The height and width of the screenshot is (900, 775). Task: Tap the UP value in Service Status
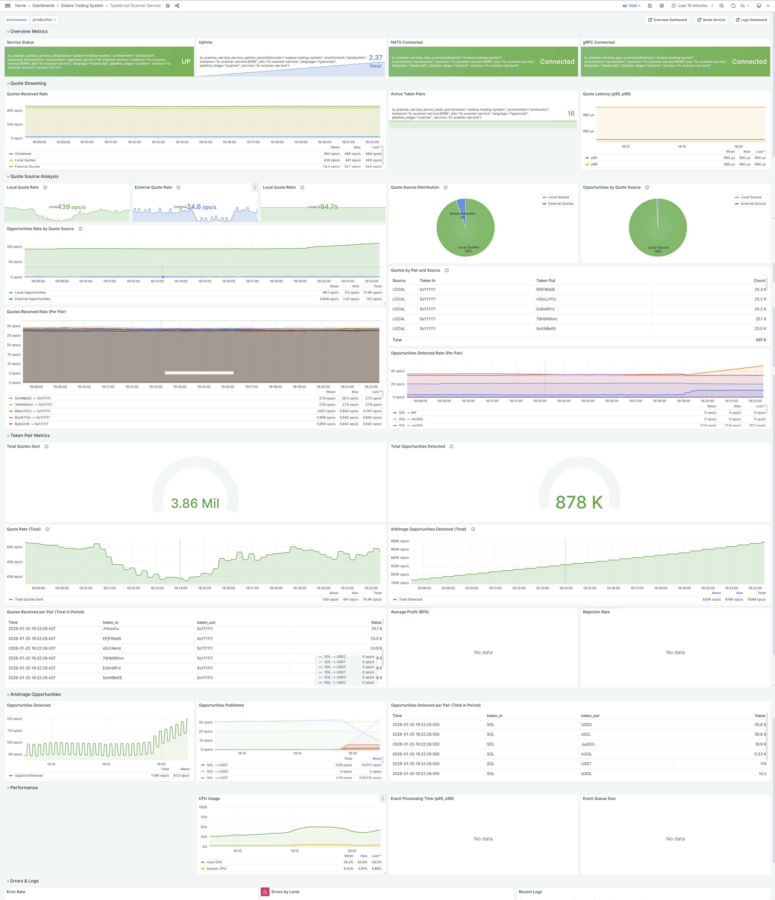pos(186,62)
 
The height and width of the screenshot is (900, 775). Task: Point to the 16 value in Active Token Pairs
pos(571,113)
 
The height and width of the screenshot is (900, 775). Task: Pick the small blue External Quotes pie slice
pos(462,206)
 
